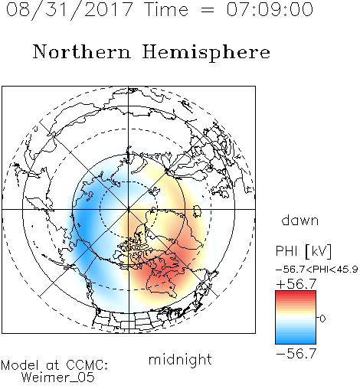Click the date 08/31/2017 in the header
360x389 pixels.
point(70,9)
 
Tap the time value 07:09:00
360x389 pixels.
point(270,9)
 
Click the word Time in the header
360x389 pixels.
point(166,9)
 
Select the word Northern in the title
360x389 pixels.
point(82,51)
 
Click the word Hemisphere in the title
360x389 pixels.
point(206,53)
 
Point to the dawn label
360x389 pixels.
point(300,220)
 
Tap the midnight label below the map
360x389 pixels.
point(180,359)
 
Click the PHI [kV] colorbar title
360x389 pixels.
point(303,251)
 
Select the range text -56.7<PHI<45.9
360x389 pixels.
point(317,270)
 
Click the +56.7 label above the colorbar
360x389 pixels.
point(296,284)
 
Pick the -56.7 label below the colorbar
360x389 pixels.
point(296,354)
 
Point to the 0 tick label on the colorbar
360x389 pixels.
point(322,319)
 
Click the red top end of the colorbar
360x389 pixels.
point(296,293)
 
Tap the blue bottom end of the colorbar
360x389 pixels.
point(296,342)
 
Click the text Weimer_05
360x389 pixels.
point(58,378)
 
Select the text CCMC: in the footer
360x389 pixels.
point(87,365)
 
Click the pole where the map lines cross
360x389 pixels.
point(129,209)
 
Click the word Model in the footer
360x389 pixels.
point(20,365)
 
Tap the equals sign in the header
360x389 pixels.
point(208,10)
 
